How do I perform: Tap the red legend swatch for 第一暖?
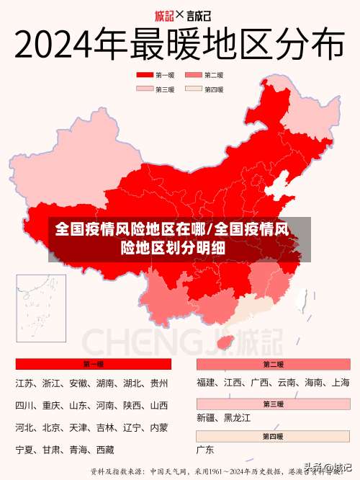145,75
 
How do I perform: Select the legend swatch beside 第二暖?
194,75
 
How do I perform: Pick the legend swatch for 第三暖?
145,89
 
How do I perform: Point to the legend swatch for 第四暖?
194,89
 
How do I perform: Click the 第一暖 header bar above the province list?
93,364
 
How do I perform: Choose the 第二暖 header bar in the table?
274,364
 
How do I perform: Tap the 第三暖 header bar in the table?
274,404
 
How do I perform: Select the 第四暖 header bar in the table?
274,437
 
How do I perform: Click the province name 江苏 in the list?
25,383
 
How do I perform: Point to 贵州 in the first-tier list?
159,383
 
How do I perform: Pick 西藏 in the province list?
105,450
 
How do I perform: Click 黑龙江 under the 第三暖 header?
237,418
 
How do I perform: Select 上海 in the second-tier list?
341,383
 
